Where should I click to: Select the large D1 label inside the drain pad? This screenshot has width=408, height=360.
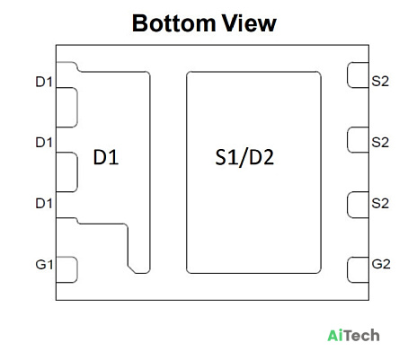(x=106, y=157)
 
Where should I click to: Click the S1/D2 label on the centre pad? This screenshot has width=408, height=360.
(x=244, y=157)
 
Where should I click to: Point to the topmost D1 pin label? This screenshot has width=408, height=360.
(x=44, y=82)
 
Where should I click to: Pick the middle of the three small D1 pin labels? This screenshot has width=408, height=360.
(x=44, y=143)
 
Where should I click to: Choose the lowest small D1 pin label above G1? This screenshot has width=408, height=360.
(x=44, y=204)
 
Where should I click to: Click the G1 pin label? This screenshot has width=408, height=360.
(x=44, y=265)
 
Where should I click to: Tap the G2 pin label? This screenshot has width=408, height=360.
(x=381, y=264)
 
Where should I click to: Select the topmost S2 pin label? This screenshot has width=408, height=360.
(x=380, y=82)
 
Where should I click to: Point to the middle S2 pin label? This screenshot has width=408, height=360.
(x=380, y=143)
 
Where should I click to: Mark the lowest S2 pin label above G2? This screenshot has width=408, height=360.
(x=380, y=204)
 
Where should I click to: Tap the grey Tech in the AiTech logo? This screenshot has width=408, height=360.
(x=361, y=336)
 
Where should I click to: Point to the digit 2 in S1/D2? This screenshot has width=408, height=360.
(x=268, y=157)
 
